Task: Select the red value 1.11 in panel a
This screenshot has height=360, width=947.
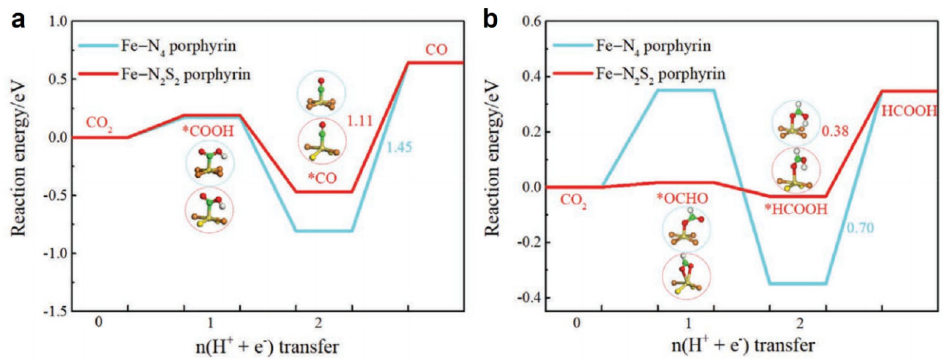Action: click(x=360, y=121)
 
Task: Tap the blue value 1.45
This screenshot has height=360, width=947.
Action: click(x=399, y=148)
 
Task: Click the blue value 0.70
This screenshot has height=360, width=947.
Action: click(x=860, y=228)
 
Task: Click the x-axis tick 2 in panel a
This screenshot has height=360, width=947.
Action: click(x=318, y=323)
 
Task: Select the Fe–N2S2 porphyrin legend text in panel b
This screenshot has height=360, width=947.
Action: click(x=660, y=74)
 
